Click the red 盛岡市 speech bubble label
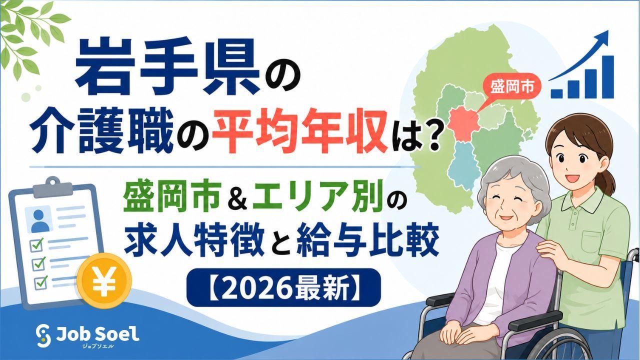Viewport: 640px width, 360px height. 511,87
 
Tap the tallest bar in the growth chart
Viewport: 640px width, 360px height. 606,77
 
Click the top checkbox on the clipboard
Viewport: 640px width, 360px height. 36,245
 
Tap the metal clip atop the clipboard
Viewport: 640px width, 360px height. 53,187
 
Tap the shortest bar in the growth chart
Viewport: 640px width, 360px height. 556,93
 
